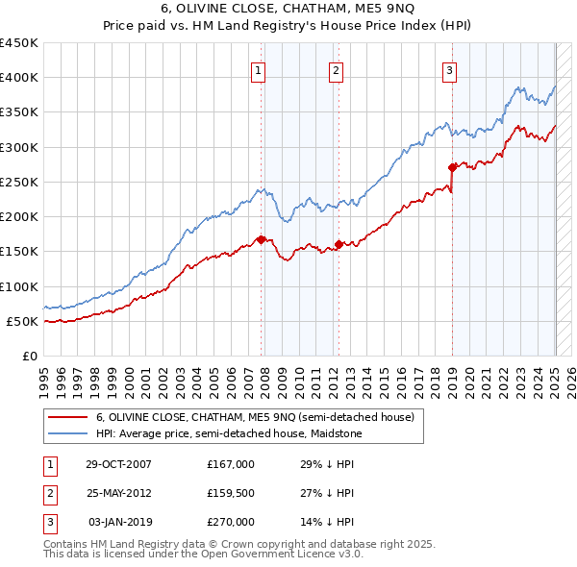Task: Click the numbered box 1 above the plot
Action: pyautogui.click(x=260, y=69)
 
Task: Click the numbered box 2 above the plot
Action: pyautogui.click(x=336, y=69)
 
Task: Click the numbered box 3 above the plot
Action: pyautogui.click(x=449, y=69)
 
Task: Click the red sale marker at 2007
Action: pyautogui.click(x=261, y=239)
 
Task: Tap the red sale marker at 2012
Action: pyautogui.click(x=339, y=244)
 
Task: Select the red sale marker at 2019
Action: pyautogui.click(x=452, y=167)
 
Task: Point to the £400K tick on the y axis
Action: pyautogui.click(x=19, y=78)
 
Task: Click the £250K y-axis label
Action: pyautogui.click(x=19, y=182)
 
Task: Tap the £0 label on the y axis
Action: pyautogui.click(x=29, y=356)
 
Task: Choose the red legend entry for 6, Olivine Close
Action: pyautogui.click(x=255, y=417)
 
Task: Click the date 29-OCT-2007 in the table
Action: pyautogui.click(x=119, y=463)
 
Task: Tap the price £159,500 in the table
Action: pyautogui.click(x=231, y=493)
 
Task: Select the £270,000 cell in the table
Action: pyautogui.click(x=231, y=522)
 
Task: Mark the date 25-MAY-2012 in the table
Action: pyautogui.click(x=119, y=493)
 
